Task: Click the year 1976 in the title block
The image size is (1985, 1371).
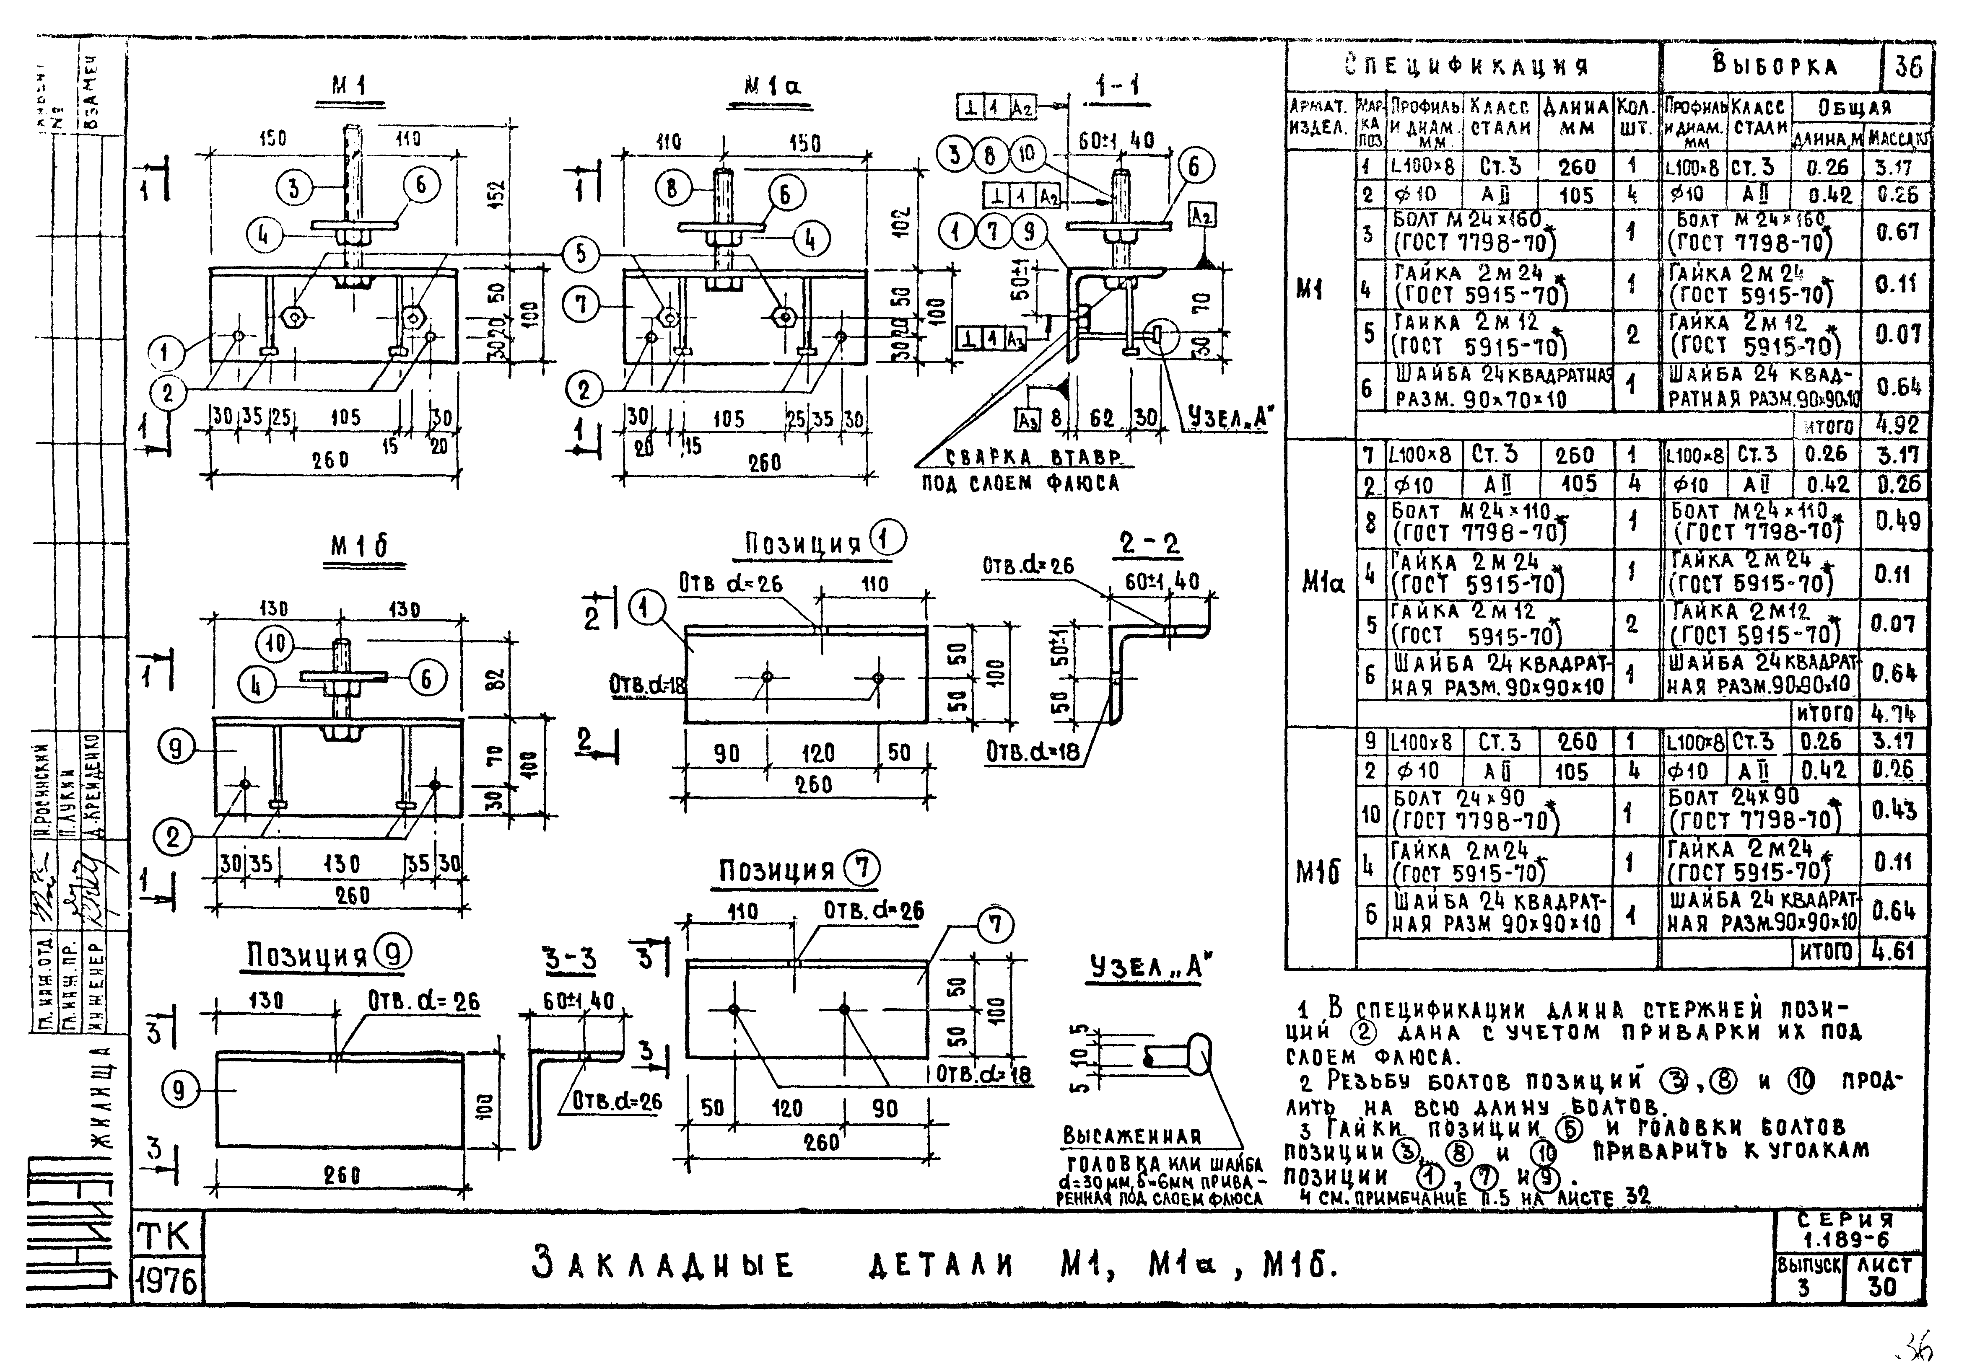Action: (x=167, y=1282)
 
